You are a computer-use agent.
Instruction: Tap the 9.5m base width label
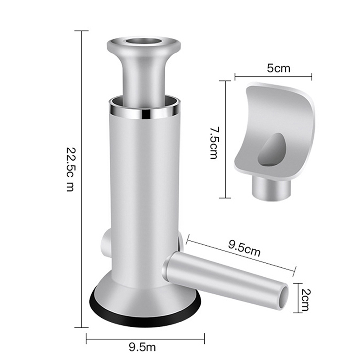[x=142, y=347]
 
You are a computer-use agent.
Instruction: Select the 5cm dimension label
[x=279, y=68]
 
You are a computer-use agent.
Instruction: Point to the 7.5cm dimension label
[x=215, y=143]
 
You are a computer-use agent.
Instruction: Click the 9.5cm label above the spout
[x=244, y=248]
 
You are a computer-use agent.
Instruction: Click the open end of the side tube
[x=283, y=298]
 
